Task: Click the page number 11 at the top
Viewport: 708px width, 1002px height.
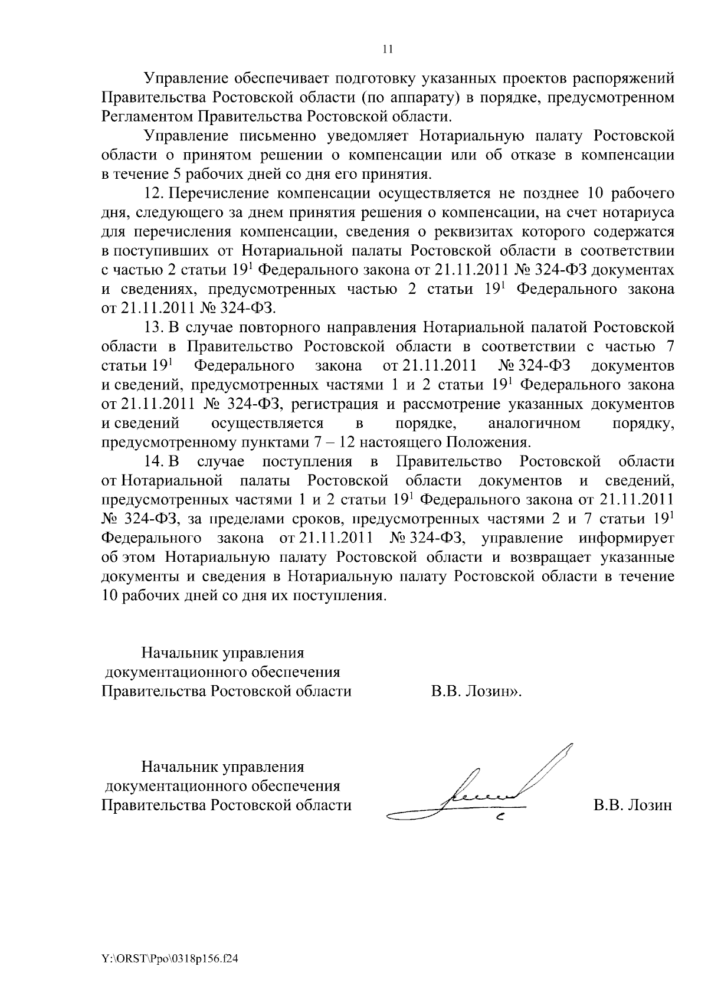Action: click(x=388, y=50)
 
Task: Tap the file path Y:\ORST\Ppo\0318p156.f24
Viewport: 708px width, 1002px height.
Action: click(x=170, y=960)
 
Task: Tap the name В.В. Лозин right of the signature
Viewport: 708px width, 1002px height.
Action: click(x=632, y=805)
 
